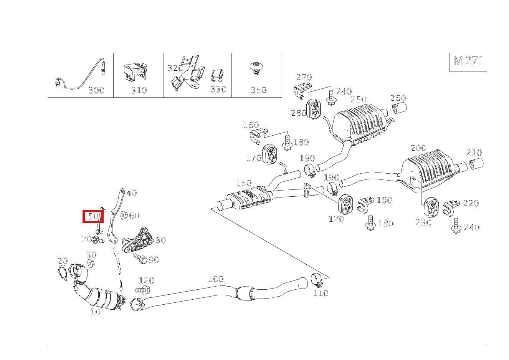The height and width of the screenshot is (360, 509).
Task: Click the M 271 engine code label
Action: [x=468, y=61]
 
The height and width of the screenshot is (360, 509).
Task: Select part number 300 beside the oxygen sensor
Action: [x=96, y=90]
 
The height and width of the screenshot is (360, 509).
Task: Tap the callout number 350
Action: [x=258, y=90]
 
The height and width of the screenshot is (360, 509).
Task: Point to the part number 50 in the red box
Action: [x=93, y=217]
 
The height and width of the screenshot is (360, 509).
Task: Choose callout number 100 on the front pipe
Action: [x=216, y=279]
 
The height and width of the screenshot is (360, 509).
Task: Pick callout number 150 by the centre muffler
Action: [x=244, y=183]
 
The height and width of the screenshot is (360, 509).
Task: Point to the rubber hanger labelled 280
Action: [x=313, y=109]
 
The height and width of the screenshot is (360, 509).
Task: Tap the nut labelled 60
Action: [x=124, y=215]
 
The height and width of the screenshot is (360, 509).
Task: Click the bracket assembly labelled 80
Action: [x=138, y=240]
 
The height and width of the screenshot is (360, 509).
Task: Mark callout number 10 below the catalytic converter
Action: [x=95, y=312]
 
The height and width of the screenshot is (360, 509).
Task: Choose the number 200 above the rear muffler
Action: [x=418, y=148]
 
